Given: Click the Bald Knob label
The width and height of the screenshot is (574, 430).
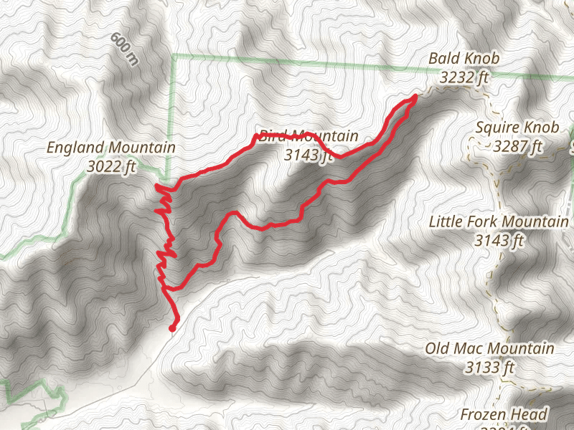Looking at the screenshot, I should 464,57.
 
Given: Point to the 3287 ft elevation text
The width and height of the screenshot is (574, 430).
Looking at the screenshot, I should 517,148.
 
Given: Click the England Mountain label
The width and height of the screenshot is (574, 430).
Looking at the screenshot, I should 111,148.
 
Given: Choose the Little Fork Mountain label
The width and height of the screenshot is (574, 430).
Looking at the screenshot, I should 499,221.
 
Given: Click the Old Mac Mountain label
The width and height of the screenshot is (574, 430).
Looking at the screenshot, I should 489,349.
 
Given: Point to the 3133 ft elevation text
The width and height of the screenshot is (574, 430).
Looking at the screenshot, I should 489,368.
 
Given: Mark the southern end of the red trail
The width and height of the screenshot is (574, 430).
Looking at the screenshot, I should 172,328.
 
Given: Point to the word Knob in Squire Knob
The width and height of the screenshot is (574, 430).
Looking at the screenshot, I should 542,128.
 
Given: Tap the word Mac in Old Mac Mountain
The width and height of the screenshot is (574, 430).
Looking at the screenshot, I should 466,349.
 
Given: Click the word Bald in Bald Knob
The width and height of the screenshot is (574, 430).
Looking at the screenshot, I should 443,57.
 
